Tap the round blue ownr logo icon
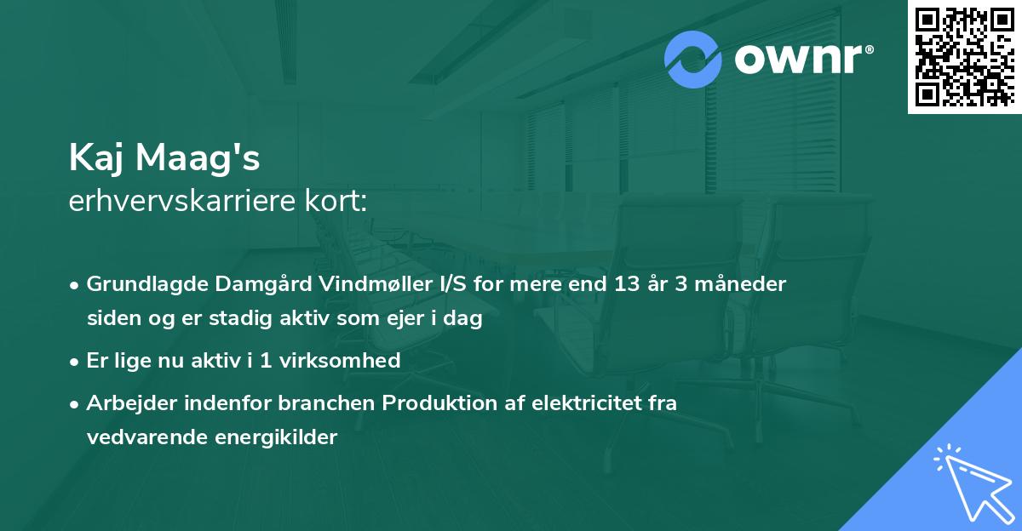(x=693, y=60)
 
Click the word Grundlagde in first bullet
(x=139, y=284)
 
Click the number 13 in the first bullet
(x=628, y=284)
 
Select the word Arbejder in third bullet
(x=125, y=403)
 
